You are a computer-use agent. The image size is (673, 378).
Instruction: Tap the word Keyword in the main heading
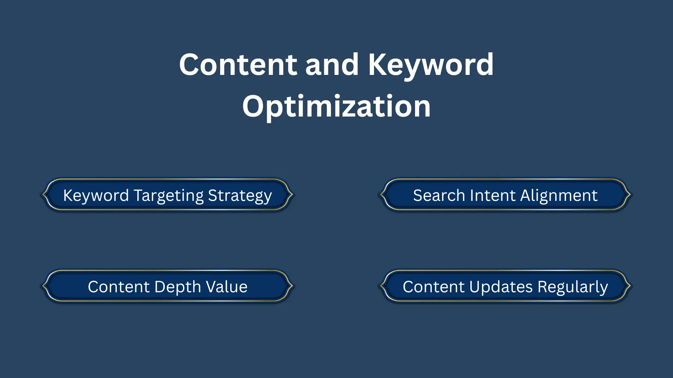430,65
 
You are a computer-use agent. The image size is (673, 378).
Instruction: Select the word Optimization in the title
336,106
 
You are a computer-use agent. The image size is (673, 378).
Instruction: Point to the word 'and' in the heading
332,65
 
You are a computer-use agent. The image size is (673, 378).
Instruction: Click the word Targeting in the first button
169,195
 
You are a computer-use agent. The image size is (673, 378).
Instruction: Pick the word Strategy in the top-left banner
240,195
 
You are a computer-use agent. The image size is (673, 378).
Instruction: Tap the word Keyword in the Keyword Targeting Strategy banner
96,195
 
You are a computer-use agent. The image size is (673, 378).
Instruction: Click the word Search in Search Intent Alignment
439,195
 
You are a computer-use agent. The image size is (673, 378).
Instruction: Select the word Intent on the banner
493,195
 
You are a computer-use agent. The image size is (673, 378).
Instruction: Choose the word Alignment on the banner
559,195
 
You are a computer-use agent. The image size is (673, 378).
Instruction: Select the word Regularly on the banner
573,287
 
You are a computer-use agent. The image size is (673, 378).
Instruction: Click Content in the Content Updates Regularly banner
434,287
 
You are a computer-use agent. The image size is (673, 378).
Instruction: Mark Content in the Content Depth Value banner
119,287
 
